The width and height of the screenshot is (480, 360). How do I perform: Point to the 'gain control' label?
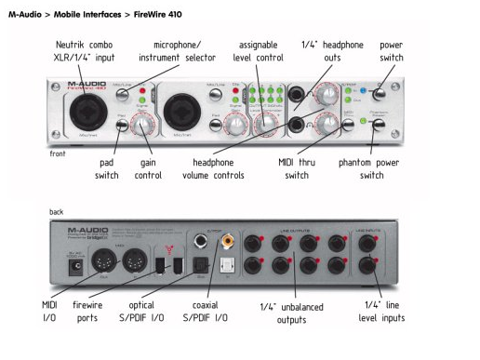click(148, 168)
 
